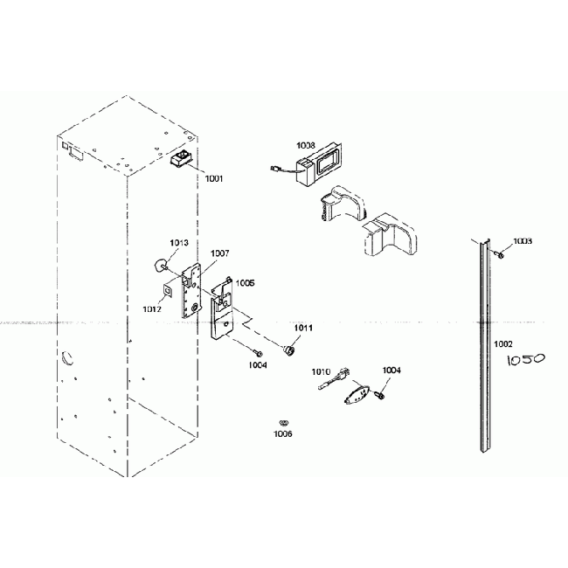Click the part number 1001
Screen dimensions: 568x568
(x=214, y=178)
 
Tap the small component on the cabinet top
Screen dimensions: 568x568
(x=184, y=160)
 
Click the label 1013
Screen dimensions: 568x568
(x=178, y=242)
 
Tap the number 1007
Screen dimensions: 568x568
(x=219, y=253)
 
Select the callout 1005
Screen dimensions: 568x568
(x=245, y=283)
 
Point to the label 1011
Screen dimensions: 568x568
(x=302, y=328)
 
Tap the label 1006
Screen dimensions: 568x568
(x=282, y=433)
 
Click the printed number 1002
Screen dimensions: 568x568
(x=503, y=344)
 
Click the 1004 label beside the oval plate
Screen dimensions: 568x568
(x=391, y=371)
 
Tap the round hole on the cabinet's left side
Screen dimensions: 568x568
(x=66, y=358)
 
